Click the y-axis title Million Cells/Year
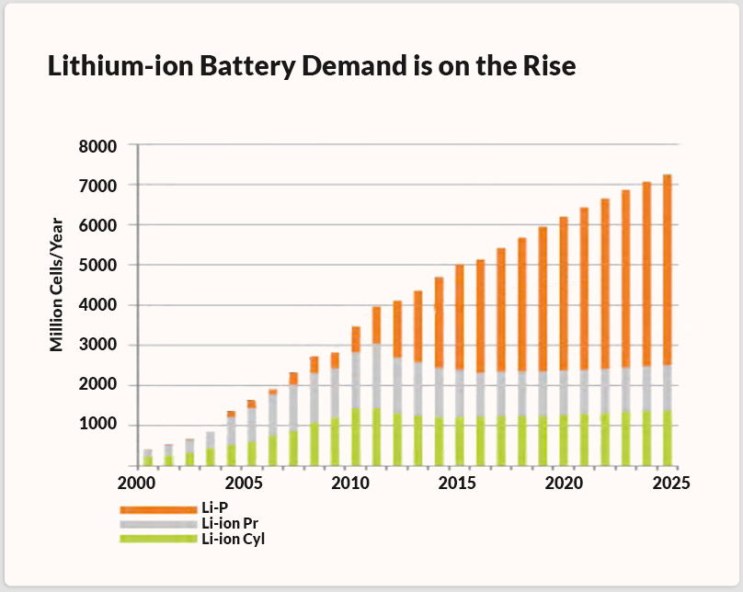pos(57,284)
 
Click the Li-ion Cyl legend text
pos(233,539)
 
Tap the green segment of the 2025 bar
pos(668,437)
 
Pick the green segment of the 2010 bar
pos(355,436)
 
